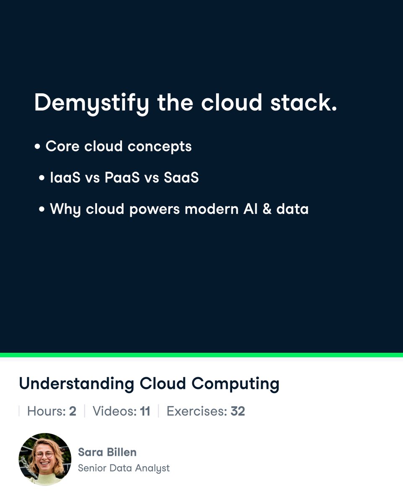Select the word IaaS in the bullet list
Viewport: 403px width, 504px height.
(x=65, y=178)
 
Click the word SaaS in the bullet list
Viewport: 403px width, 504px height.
(x=181, y=178)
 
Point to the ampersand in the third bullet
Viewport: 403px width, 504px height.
(x=267, y=209)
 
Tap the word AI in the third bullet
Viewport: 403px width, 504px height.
(x=250, y=209)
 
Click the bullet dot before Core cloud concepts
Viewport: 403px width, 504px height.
(x=38, y=147)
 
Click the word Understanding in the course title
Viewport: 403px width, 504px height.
(x=76, y=384)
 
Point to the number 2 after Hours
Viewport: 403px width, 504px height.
(x=73, y=411)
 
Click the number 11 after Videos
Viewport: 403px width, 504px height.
(x=145, y=411)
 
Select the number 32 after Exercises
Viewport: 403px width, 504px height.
(x=238, y=411)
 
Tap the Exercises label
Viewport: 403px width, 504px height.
(x=196, y=411)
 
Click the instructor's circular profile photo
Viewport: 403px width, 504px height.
(x=45, y=459)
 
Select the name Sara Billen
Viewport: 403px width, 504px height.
(x=107, y=452)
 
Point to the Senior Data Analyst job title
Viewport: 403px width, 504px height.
(x=124, y=468)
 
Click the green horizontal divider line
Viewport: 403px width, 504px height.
(x=201, y=355)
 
